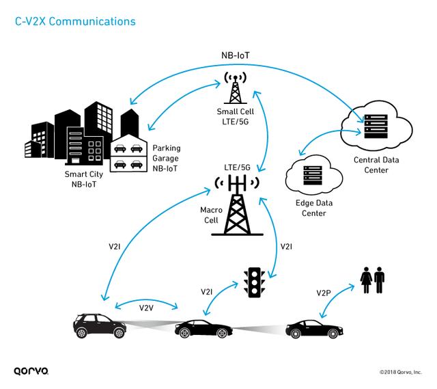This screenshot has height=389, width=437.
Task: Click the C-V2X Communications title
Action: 75,21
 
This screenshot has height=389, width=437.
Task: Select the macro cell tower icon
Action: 238,205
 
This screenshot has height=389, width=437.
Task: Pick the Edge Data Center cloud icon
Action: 311,178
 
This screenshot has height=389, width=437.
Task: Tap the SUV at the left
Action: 100,325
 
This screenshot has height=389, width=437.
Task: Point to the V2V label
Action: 146,308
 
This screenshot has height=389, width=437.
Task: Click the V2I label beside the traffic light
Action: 208,292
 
